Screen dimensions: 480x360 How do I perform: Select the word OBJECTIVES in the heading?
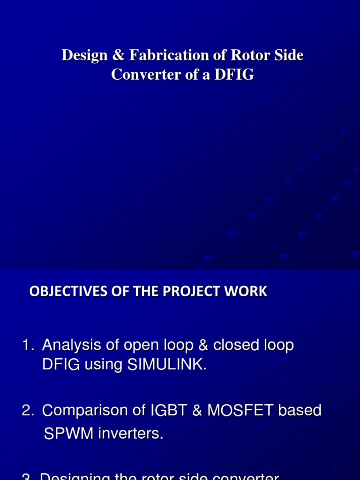click(x=62, y=292)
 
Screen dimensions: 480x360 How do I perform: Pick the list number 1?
click(x=27, y=346)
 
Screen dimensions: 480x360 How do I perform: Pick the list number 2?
click(x=27, y=411)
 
